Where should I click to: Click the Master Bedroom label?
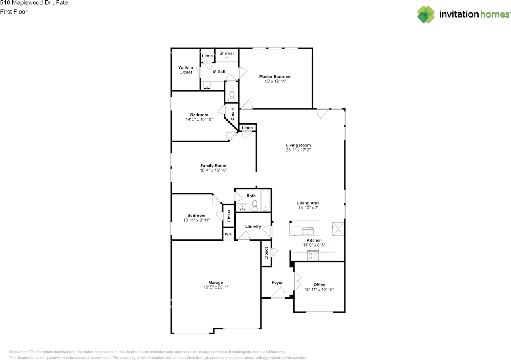[275, 77]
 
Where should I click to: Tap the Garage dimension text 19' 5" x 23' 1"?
[216, 287]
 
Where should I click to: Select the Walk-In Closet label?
[186, 70]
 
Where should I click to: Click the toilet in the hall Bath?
[255, 206]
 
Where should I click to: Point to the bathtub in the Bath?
[265, 200]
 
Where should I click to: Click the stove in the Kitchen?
[313, 255]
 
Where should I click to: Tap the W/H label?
[229, 234]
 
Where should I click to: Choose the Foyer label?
[277, 283]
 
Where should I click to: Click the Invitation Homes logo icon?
[426, 14]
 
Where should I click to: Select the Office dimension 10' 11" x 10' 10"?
[319, 289]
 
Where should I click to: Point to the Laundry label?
[253, 227]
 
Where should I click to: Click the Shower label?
[227, 53]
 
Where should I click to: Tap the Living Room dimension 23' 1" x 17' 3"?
[298, 150]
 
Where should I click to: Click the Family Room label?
[213, 166]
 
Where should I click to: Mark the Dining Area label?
[308, 203]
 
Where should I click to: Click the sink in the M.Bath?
[207, 86]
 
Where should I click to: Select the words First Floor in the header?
[14, 12]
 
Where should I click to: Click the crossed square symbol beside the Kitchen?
[338, 229]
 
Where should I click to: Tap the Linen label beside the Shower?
[207, 55]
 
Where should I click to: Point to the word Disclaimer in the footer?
[18, 352]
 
